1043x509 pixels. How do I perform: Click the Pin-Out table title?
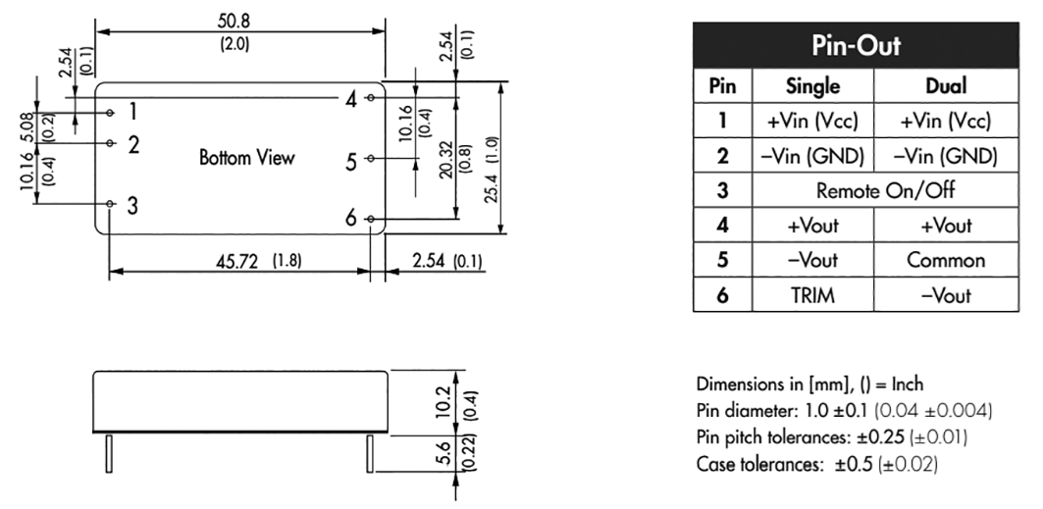click(857, 46)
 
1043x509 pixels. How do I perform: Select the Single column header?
click(812, 86)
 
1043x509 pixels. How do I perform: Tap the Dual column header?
click(946, 86)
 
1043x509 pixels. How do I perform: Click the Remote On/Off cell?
click(885, 190)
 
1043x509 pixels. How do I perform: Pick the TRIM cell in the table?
click(812, 295)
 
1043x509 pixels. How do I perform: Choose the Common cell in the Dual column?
click(946, 260)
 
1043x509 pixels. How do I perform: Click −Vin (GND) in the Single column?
click(812, 156)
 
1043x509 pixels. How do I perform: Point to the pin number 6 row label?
click(722, 295)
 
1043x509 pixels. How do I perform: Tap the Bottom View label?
click(247, 158)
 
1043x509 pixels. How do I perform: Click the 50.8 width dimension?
click(235, 22)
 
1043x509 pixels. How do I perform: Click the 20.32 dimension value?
click(445, 160)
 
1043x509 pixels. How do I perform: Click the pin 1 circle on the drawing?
click(111, 113)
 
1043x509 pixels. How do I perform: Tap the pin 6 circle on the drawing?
click(371, 219)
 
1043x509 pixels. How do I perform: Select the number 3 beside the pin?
click(132, 205)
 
